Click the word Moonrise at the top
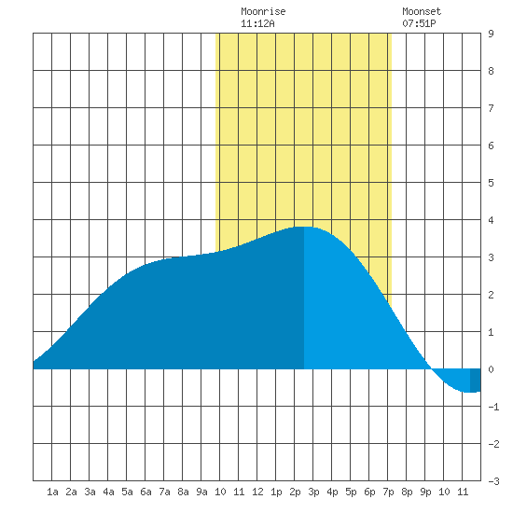(263, 11)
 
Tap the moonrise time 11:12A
(257, 23)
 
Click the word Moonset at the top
(422, 11)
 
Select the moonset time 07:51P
(419, 23)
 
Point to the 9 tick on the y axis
(491, 34)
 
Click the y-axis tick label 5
(491, 183)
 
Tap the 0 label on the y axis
(491, 369)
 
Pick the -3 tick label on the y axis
(493, 481)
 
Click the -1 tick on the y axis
(493, 407)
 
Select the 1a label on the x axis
(52, 492)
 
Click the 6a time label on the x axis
(146, 492)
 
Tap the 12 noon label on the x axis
(257, 492)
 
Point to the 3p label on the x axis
(313, 492)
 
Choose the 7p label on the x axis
(388, 492)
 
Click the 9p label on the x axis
(425, 492)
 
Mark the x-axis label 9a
(201, 492)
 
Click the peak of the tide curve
(304, 227)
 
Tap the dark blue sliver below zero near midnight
(476, 381)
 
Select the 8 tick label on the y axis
(491, 71)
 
